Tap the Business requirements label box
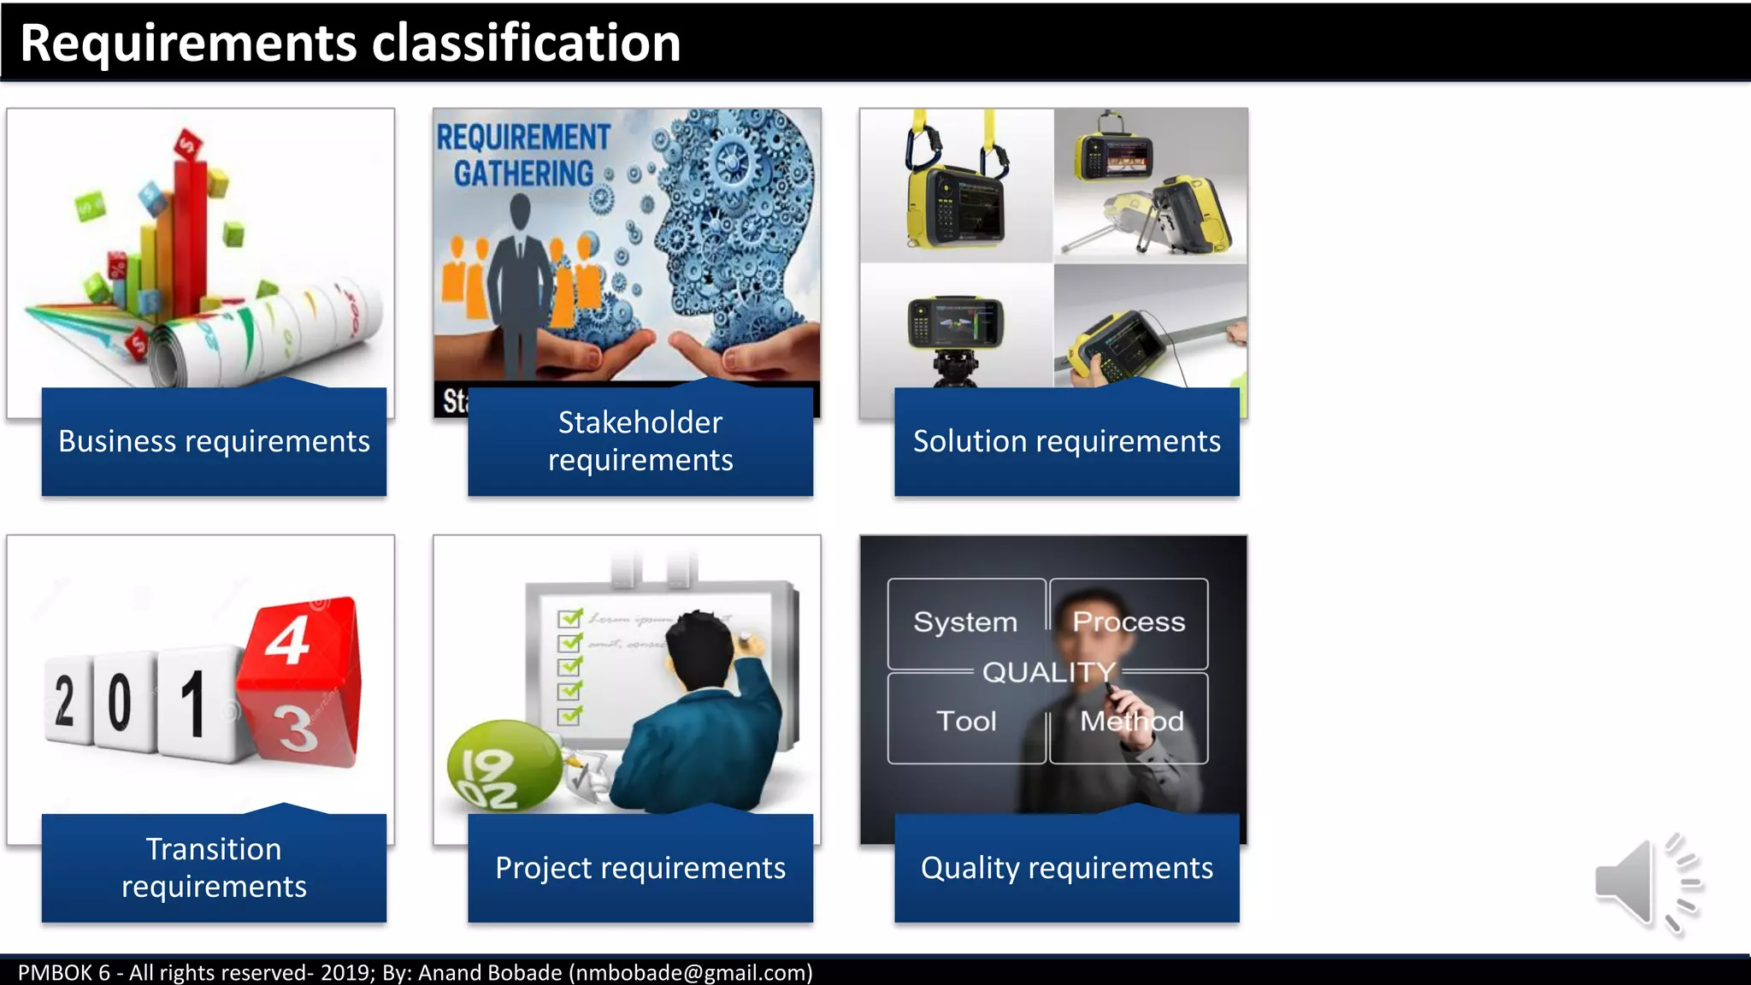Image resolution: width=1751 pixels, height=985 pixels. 214,441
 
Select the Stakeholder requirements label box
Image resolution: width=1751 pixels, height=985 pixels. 640,441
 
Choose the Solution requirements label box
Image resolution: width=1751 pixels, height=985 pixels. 1066,441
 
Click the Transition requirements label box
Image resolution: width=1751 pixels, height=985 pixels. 214,868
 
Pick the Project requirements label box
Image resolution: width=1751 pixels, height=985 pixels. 640,868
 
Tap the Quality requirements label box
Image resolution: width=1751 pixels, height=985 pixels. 1066,868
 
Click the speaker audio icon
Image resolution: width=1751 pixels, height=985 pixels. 1646,883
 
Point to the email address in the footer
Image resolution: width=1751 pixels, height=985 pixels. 691,972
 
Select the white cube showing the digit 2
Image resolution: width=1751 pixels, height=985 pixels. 66,701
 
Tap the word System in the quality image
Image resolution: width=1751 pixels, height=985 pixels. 965,622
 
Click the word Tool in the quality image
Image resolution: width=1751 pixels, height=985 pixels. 966,721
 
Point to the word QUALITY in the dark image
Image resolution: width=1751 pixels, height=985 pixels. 1048,672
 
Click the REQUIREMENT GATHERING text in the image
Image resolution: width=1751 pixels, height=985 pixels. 523,156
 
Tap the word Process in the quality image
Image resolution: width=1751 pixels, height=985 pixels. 1129,622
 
